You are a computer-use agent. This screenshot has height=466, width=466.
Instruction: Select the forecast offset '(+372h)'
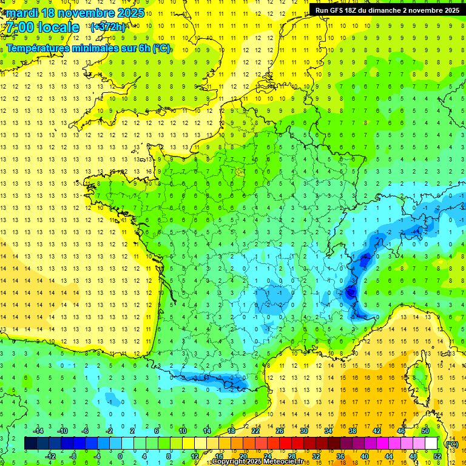(108, 27)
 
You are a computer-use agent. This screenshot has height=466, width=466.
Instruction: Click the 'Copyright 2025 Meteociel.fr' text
(257, 462)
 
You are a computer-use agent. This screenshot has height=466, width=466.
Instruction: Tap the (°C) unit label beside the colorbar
(451, 444)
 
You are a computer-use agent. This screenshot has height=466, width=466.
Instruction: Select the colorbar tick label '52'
(437, 456)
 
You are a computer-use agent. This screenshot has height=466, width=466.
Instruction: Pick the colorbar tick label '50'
(425, 431)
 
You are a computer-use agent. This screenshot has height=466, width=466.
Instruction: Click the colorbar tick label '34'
(328, 431)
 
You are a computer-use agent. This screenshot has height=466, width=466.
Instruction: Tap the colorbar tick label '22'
(255, 431)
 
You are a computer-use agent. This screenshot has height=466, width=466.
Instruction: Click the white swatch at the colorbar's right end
(431, 444)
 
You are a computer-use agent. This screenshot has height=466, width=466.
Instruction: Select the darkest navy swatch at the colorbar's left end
(30, 444)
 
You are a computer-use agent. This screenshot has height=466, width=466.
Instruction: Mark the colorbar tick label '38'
(353, 431)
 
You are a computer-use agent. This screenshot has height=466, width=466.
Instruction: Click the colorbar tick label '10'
(183, 431)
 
